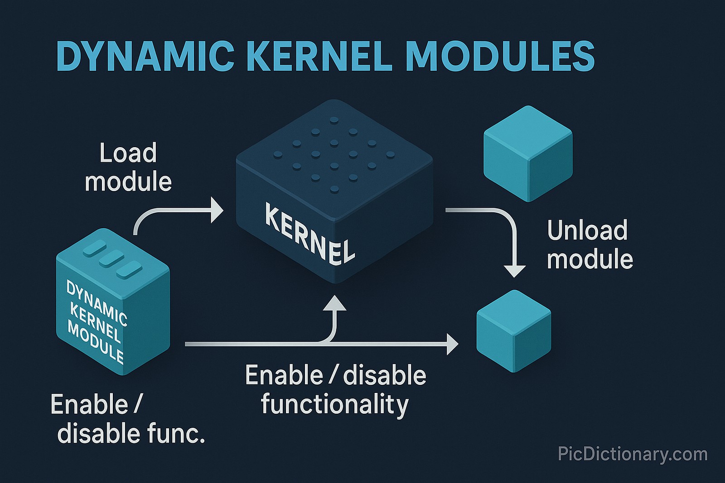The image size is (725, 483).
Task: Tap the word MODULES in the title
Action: point(500,56)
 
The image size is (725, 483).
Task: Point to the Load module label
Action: point(128,167)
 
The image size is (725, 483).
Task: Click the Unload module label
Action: point(589,245)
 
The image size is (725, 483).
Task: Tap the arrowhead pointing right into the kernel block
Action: point(217,210)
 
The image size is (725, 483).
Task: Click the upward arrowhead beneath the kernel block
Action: point(335,303)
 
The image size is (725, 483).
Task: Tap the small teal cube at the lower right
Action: point(514,331)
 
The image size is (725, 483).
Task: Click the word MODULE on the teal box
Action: point(96,342)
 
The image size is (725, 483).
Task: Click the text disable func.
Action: point(131,433)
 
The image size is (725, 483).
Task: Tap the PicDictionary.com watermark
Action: point(632,454)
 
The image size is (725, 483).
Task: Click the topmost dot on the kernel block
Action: point(334,120)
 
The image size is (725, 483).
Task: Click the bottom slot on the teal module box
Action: point(129,271)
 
